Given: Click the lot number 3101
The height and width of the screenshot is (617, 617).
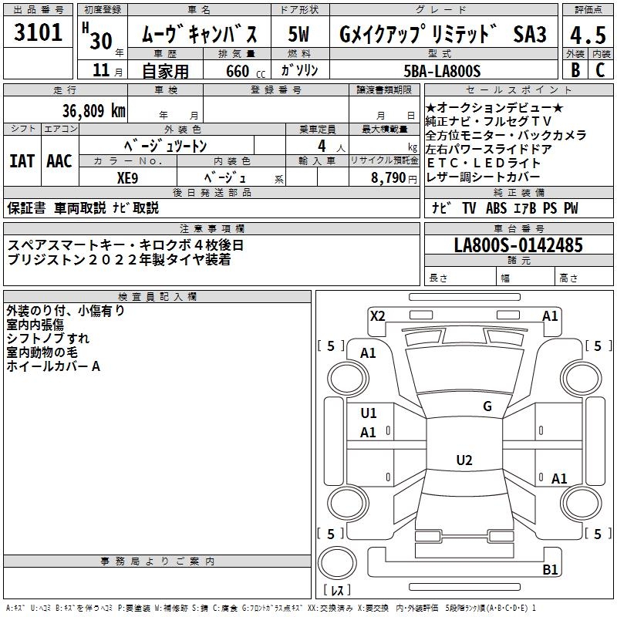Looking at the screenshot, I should (39, 32).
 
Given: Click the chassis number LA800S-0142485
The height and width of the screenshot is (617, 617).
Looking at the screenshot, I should (518, 245).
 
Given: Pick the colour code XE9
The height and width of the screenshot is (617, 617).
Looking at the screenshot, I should (128, 176).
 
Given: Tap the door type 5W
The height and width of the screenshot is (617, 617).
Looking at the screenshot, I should (299, 35).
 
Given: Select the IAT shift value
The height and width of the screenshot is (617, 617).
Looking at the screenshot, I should (22, 161).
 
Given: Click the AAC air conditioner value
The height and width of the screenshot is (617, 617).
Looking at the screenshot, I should (59, 161).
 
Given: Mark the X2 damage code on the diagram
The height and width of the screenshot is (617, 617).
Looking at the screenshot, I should (378, 315).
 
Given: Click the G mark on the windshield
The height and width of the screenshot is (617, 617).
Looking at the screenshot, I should (487, 406).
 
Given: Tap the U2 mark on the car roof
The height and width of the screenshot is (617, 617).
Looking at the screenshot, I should (464, 460).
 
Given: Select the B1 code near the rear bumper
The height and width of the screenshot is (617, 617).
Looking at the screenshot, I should (550, 570).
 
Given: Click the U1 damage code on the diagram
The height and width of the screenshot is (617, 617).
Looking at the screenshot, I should (369, 413).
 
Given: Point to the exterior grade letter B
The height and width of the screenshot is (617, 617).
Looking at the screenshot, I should (575, 69).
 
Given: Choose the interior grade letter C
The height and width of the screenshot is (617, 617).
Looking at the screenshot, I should (600, 69).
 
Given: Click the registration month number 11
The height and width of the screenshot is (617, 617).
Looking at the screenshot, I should (100, 71).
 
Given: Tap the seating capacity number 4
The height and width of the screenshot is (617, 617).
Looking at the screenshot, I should (320, 146).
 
